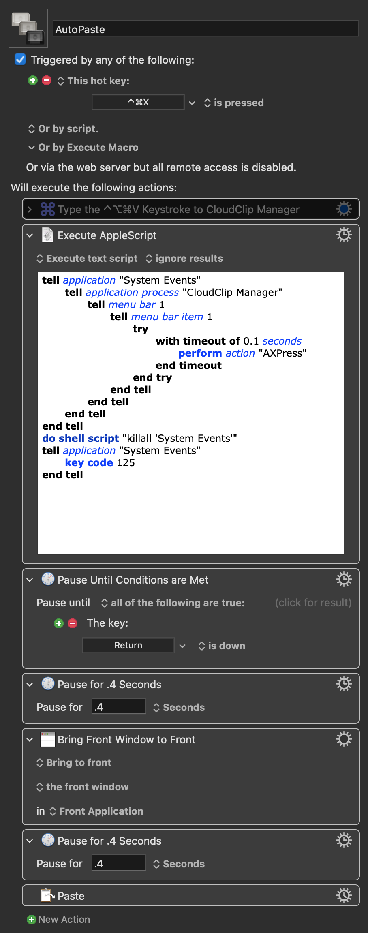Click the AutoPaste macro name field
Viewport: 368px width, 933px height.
(x=206, y=29)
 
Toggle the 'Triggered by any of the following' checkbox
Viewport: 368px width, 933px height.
(x=20, y=60)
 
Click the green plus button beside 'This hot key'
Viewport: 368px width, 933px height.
(x=33, y=80)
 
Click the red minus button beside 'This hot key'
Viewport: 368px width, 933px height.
(x=47, y=80)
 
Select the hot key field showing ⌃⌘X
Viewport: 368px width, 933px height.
(x=138, y=102)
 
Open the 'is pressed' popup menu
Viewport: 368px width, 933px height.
(x=234, y=103)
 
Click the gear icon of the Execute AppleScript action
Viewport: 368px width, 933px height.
(x=344, y=235)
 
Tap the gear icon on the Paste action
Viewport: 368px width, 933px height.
(x=344, y=895)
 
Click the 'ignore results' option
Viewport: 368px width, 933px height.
(x=185, y=258)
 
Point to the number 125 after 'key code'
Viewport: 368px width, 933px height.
(x=126, y=462)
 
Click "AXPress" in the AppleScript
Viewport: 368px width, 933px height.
(x=282, y=353)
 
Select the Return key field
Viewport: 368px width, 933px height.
(x=128, y=645)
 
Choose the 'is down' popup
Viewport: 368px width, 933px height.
(x=222, y=646)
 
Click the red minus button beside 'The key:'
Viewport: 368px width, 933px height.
(x=73, y=623)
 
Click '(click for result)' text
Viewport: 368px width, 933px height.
(x=313, y=603)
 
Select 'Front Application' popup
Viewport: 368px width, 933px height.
(x=97, y=811)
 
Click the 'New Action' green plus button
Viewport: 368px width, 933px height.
(x=31, y=919)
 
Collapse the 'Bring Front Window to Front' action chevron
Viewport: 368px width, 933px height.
(x=30, y=740)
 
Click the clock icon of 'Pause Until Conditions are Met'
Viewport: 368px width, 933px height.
(x=48, y=579)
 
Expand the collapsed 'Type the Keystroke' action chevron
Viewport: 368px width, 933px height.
(x=30, y=209)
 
